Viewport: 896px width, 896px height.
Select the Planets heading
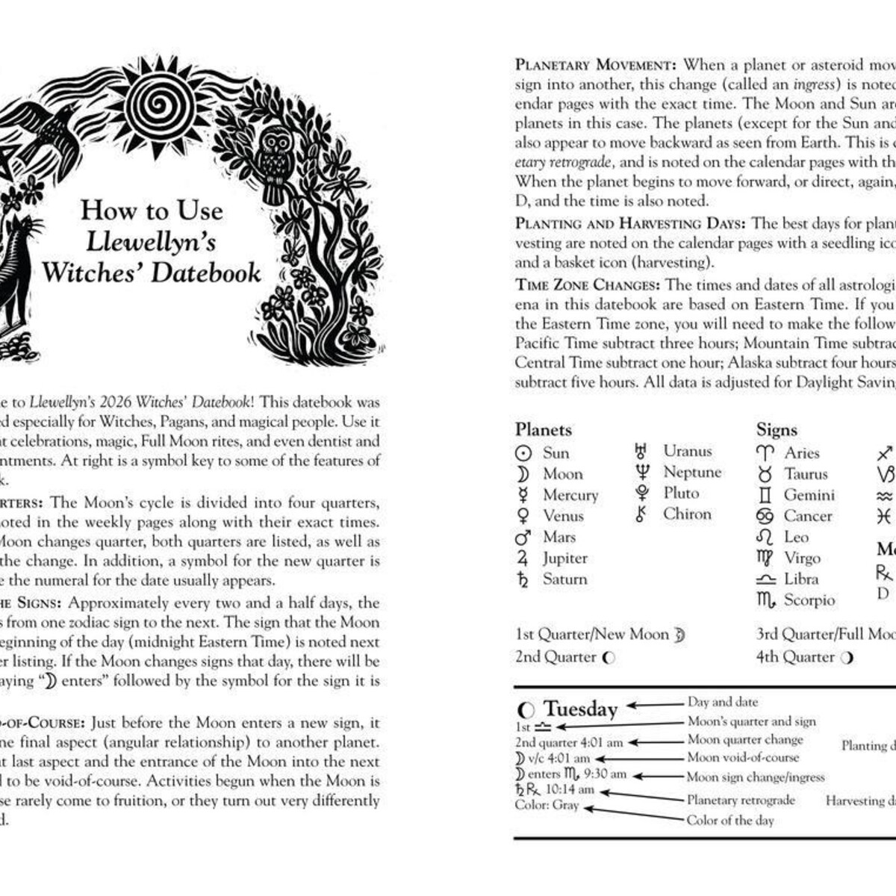point(543,429)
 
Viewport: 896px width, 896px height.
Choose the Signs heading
point(777,429)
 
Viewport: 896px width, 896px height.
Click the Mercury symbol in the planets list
point(523,494)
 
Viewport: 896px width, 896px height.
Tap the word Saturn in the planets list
point(564,579)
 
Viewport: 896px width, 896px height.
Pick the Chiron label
point(687,514)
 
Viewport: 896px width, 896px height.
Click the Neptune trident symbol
point(641,472)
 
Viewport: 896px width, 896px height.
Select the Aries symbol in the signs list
point(765,453)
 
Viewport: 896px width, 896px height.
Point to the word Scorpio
point(809,600)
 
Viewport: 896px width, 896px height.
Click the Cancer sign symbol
point(765,516)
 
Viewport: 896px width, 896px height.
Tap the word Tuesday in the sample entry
point(580,709)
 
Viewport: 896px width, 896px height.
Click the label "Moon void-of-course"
point(743,757)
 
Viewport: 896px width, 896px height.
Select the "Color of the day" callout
point(730,820)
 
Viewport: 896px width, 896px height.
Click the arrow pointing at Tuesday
point(655,704)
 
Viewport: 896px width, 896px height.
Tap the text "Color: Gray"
point(547,805)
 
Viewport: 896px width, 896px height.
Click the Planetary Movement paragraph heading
point(595,65)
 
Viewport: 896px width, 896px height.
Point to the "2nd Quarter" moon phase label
point(556,657)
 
